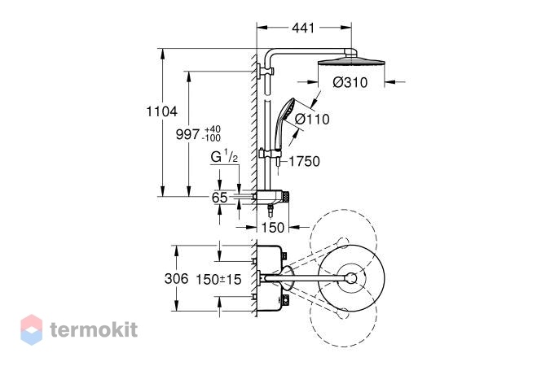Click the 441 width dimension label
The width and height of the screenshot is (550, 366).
(303, 28)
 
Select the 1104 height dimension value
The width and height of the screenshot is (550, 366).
(161, 111)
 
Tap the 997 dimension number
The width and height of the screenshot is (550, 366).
(187, 133)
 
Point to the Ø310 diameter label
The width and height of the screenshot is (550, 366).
(350, 82)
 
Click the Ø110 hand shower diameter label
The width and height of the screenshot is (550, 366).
(312, 119)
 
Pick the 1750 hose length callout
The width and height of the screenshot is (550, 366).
(304, 162)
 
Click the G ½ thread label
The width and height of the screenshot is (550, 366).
(225, 156)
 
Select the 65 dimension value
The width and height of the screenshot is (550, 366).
(219, 198)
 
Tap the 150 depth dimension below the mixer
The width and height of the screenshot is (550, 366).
(272, 228)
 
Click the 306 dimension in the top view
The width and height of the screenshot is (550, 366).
(177, 279)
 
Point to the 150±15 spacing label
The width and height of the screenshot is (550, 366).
(218, 280)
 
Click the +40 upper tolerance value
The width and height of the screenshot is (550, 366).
(212, 129)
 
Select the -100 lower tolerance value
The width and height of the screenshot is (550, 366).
(211, 138)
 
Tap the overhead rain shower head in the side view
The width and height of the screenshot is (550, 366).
(351, 63)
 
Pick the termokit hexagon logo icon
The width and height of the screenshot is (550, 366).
(32, 329)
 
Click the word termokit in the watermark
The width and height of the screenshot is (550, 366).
(94, 330)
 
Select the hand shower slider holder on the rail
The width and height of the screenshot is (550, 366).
(271, 154)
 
